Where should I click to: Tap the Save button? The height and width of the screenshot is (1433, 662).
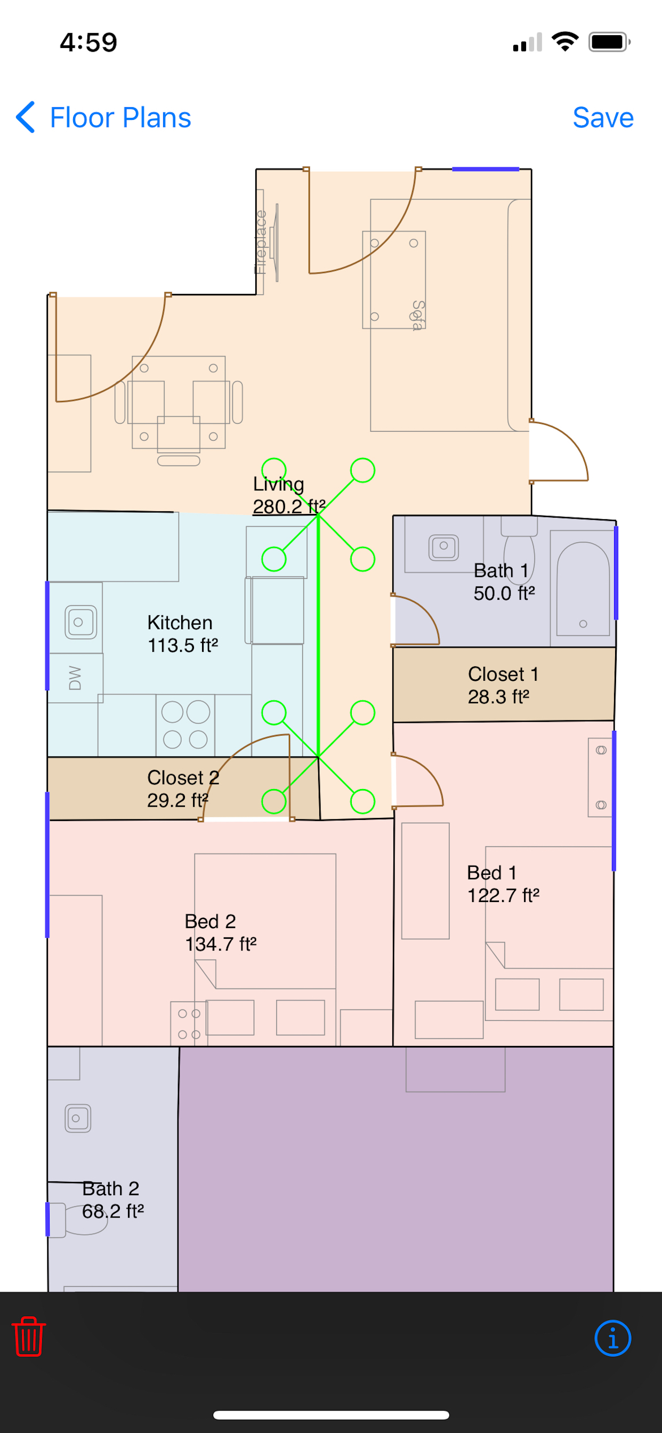click(x=603, y=117)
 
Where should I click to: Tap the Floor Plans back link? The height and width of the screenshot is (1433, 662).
click(x=103, y=117)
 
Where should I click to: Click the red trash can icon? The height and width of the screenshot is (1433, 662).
click(x=29, y=1336)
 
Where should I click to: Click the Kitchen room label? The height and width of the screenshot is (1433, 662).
click(x=182, y=634)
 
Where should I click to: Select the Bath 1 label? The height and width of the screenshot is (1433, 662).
click(x=504, y=582)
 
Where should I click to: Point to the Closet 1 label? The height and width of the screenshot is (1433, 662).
click(x=503, y=685)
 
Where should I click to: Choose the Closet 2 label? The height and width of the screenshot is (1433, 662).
click(x=183, y=788)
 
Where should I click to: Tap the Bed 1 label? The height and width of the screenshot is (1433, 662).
click(x=503, y=884)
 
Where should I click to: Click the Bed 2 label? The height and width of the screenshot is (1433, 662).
click(x=220, y=932)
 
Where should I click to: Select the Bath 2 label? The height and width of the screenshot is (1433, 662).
click(x=113, y=1199)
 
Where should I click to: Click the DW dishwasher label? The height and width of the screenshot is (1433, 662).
click(x=75, y=678)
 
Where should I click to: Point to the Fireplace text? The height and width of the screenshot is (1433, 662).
click(x=260, y=242)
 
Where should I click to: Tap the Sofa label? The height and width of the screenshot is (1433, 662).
click(x=418, y=316)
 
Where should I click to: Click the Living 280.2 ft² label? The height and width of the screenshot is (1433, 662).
click(x=289, y=495)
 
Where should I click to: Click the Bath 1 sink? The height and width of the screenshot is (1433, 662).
click(x=443, y=548)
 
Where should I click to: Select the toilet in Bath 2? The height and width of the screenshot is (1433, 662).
click(x=78, y=1219)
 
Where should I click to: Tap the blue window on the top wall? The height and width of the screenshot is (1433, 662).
click(x=485, y=169)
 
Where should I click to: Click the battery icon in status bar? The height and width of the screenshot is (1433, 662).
click(x=610, y=42)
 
